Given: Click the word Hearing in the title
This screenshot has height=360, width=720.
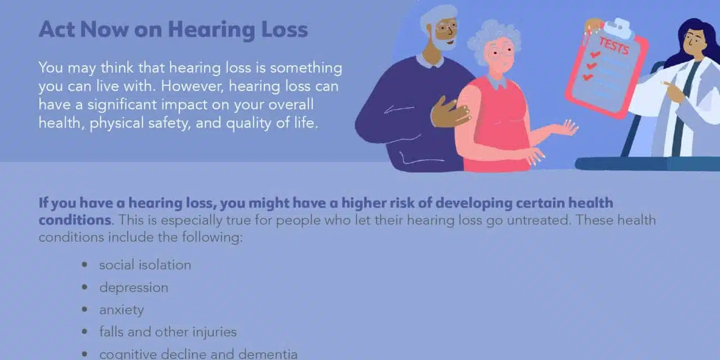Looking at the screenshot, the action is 211,30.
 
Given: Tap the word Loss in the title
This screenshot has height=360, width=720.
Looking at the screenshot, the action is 285,29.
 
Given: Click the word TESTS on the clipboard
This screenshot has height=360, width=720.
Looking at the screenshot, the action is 614,46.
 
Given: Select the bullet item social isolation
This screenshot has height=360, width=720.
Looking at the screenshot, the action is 145,265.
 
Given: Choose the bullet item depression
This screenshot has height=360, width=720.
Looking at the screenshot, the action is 134,287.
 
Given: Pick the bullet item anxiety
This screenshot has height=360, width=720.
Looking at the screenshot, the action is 121,310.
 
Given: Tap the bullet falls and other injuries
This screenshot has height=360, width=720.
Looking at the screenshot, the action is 168,332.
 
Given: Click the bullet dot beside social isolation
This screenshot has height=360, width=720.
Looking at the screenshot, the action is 84,265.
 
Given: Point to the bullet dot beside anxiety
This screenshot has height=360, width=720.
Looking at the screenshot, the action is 84,309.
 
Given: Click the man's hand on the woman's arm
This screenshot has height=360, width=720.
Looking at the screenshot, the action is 450,112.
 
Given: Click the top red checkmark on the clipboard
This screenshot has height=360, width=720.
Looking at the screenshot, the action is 595,55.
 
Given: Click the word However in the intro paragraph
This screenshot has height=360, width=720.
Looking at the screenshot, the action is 192,86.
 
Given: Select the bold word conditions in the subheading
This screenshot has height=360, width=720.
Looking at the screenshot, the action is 75,220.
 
